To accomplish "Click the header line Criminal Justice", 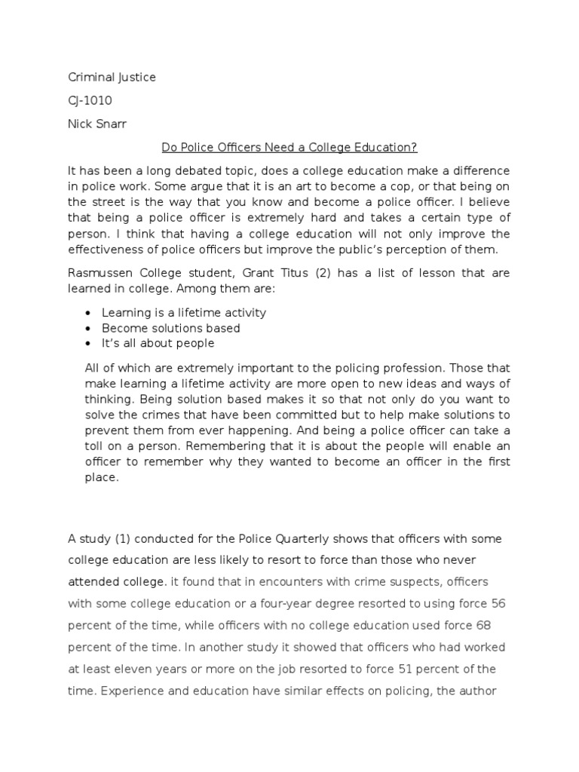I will point(112,78).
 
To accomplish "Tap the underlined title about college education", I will point(289,147).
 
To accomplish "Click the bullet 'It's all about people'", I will point(158,343).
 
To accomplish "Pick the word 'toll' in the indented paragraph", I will point(96,445).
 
